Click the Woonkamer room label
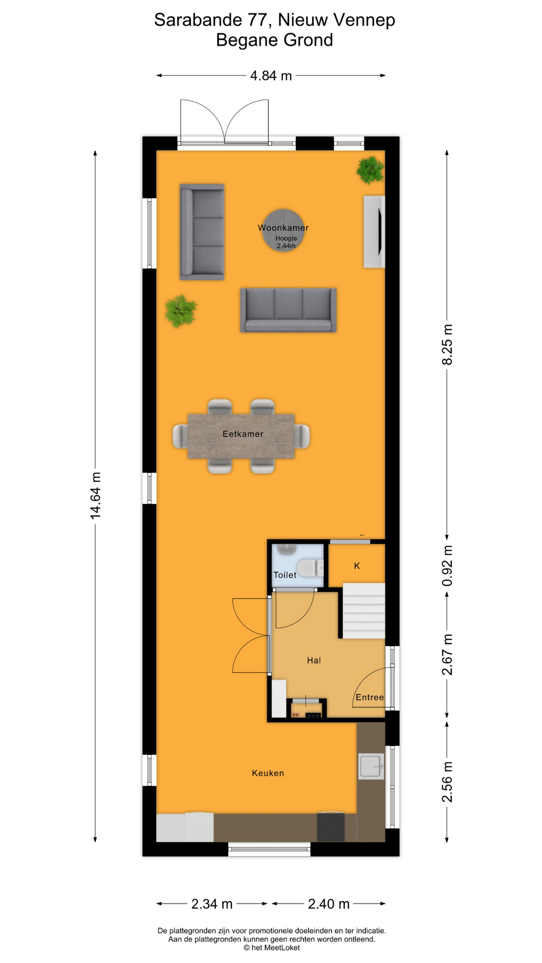(283, 228)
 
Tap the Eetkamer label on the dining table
(243, 434)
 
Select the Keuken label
(268, 773)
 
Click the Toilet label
(285, 575)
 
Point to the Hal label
(314, 661)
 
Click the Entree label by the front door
(370, 697)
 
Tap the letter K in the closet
(357, 566)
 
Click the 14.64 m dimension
(95, 495)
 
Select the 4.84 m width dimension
(271, 76)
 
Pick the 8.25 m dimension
(447, 344)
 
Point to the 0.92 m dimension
(447, 566)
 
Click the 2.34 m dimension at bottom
(212, 904)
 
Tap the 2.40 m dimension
(329, 904)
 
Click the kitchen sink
(371, 766)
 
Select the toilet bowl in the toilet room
(310, 568)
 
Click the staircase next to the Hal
(364, 610)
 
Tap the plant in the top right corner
(370, 170)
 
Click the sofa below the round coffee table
(288, 310)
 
